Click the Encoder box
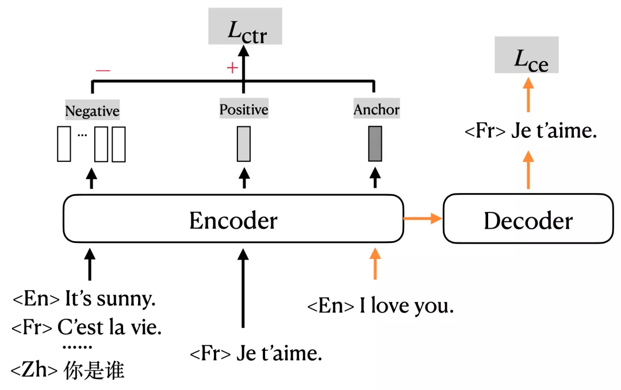point(233,219)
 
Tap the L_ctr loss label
point(246,27)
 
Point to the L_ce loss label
point(527,55)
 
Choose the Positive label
point(244,109)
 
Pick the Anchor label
point(376,109)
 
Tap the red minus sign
point(103,70)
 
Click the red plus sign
point(232,68)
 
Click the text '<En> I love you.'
point(380,306)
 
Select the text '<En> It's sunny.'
point(84,299)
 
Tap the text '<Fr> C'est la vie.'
point(86,328)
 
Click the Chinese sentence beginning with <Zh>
point(68,371)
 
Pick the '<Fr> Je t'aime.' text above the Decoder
point(530,132)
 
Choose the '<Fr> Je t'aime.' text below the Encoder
point(255,353)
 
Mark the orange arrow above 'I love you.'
point(375,263)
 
